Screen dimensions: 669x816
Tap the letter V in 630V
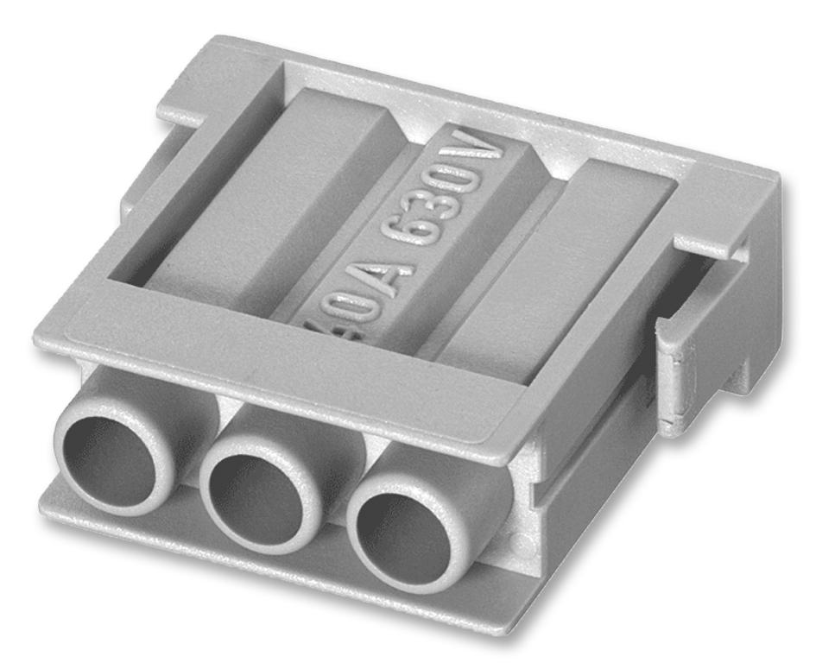490,158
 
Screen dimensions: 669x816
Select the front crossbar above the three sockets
285,380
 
